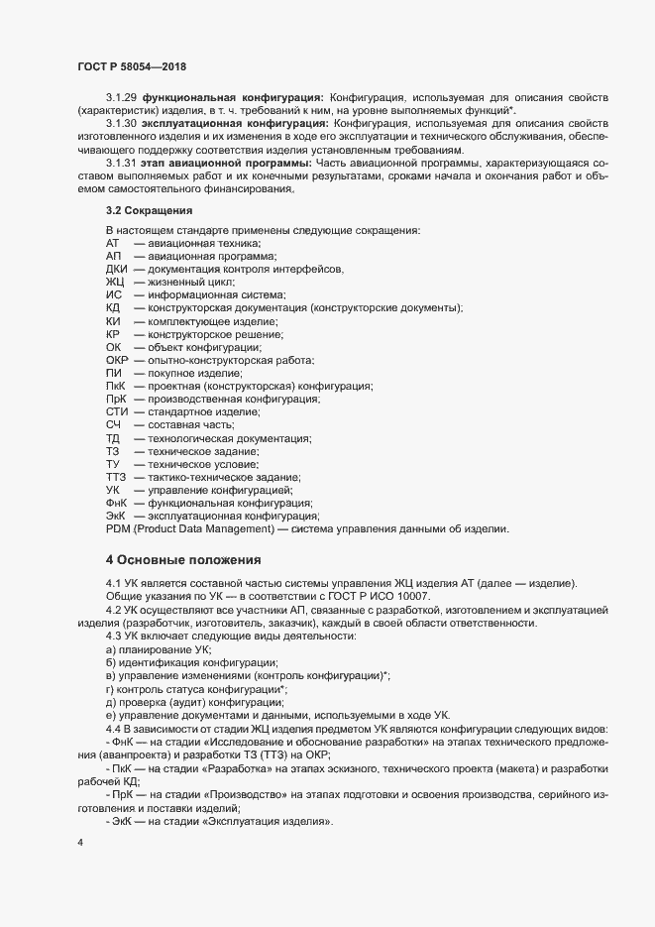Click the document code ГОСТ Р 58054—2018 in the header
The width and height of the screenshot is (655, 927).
[x=133, y=66]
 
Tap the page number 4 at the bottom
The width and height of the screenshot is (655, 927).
[x=80, y=845]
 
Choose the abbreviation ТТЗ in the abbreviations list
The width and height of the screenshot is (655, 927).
[x=115, y=478]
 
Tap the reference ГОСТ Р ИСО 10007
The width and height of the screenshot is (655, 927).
[x=381, y=595]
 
